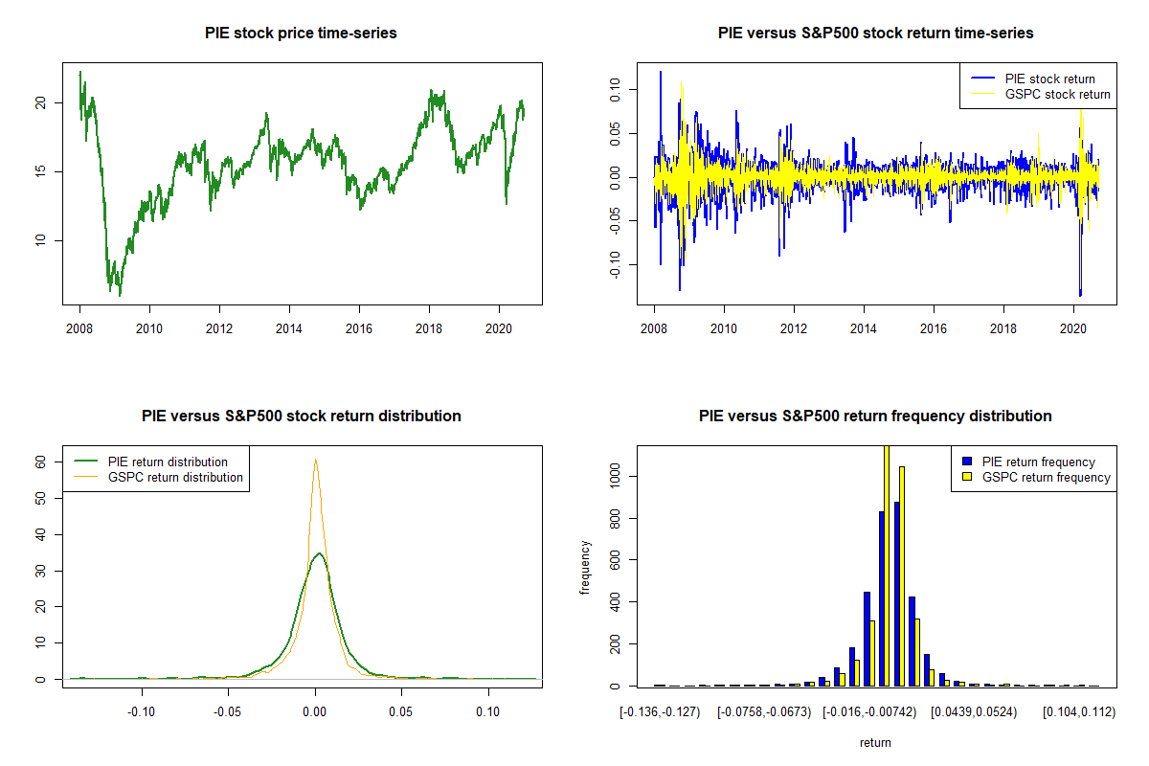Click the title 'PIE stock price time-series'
[x=301, y=34]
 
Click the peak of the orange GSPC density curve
[x=315, y=460]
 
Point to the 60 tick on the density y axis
[x=40, y=461]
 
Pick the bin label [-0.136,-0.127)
[x=661, y=711]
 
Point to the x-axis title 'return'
[x=875, y=742]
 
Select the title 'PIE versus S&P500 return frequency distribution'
[x=875, y=417]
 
